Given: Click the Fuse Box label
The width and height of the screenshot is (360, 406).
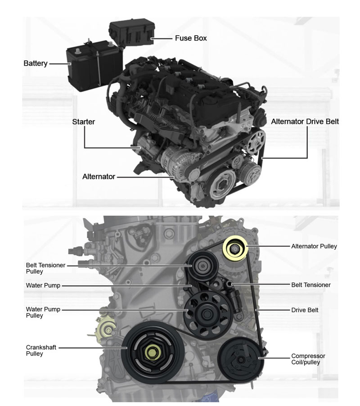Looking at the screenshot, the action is pos(191,38).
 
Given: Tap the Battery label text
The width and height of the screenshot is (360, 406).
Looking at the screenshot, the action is pos(36,63).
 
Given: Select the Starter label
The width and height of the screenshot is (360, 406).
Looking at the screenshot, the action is pos(83,122).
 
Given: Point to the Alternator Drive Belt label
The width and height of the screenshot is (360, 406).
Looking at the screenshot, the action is pos(305,122).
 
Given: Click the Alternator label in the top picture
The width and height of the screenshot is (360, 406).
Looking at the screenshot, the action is pos(99,176).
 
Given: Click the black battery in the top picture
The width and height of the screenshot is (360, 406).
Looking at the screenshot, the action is pos(94,66).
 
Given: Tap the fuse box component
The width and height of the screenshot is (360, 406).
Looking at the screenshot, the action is pos(132,33).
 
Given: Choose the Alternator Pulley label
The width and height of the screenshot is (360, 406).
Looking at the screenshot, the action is pos(314,246).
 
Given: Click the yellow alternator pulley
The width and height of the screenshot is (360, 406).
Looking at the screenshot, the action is pos(235,249).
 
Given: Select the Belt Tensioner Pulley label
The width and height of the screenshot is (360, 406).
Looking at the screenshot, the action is pos(45,268).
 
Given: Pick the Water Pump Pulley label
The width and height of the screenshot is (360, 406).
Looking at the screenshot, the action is pos(43,312).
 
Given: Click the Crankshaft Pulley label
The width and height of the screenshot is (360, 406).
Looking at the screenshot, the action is pos(41,350).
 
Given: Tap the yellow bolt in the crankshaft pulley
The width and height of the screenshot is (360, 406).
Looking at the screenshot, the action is pos(152,352).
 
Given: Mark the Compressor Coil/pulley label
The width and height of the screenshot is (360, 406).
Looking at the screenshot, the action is pos(308,359).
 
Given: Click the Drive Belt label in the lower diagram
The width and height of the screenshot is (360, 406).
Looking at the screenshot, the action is pos(305,310).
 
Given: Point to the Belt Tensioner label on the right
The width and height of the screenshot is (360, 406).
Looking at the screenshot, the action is pos(311,285).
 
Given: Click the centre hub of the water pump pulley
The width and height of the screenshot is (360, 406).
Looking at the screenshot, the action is pos(207,314).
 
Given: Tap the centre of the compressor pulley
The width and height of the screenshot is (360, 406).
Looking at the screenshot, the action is pos(241,360).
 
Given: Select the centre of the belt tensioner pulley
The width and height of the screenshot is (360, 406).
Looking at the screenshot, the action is pos(202,266).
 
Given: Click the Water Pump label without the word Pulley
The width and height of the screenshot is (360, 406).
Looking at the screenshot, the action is pos(43,285).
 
